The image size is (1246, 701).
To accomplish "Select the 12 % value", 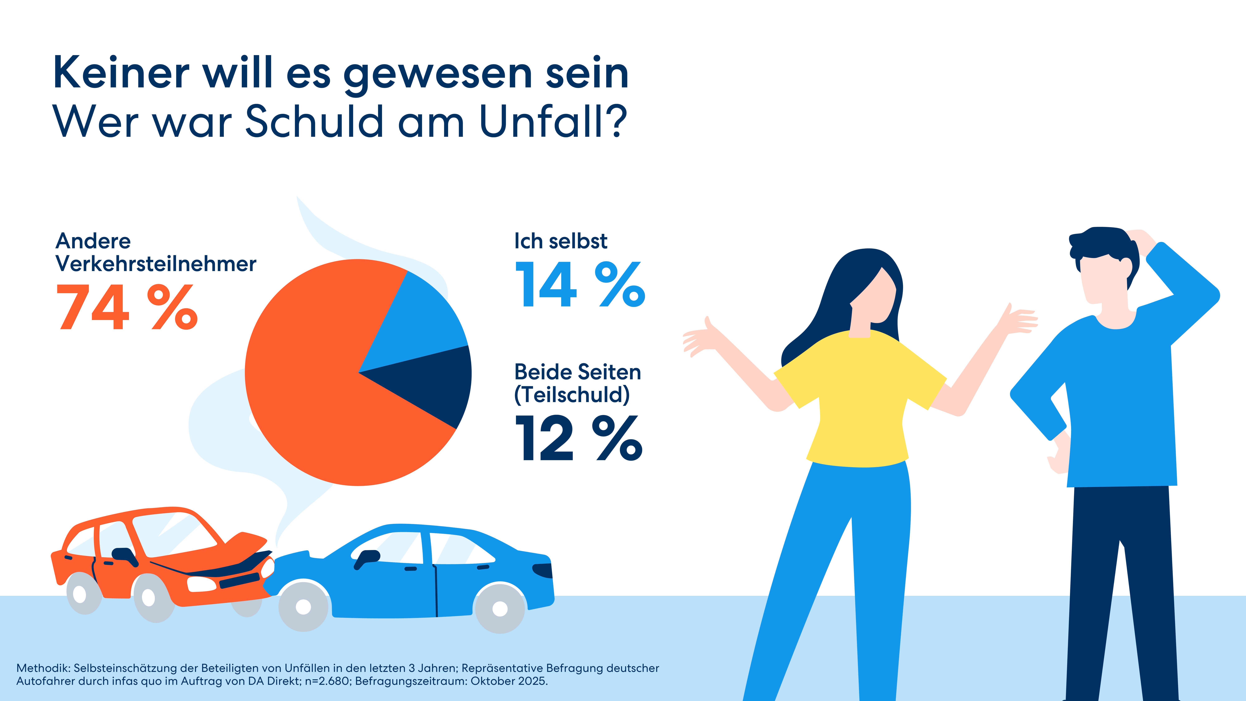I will [578, 438].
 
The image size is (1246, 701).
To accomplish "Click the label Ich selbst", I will [560, 241].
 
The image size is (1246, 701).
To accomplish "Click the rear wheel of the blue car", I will [500, 608].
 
